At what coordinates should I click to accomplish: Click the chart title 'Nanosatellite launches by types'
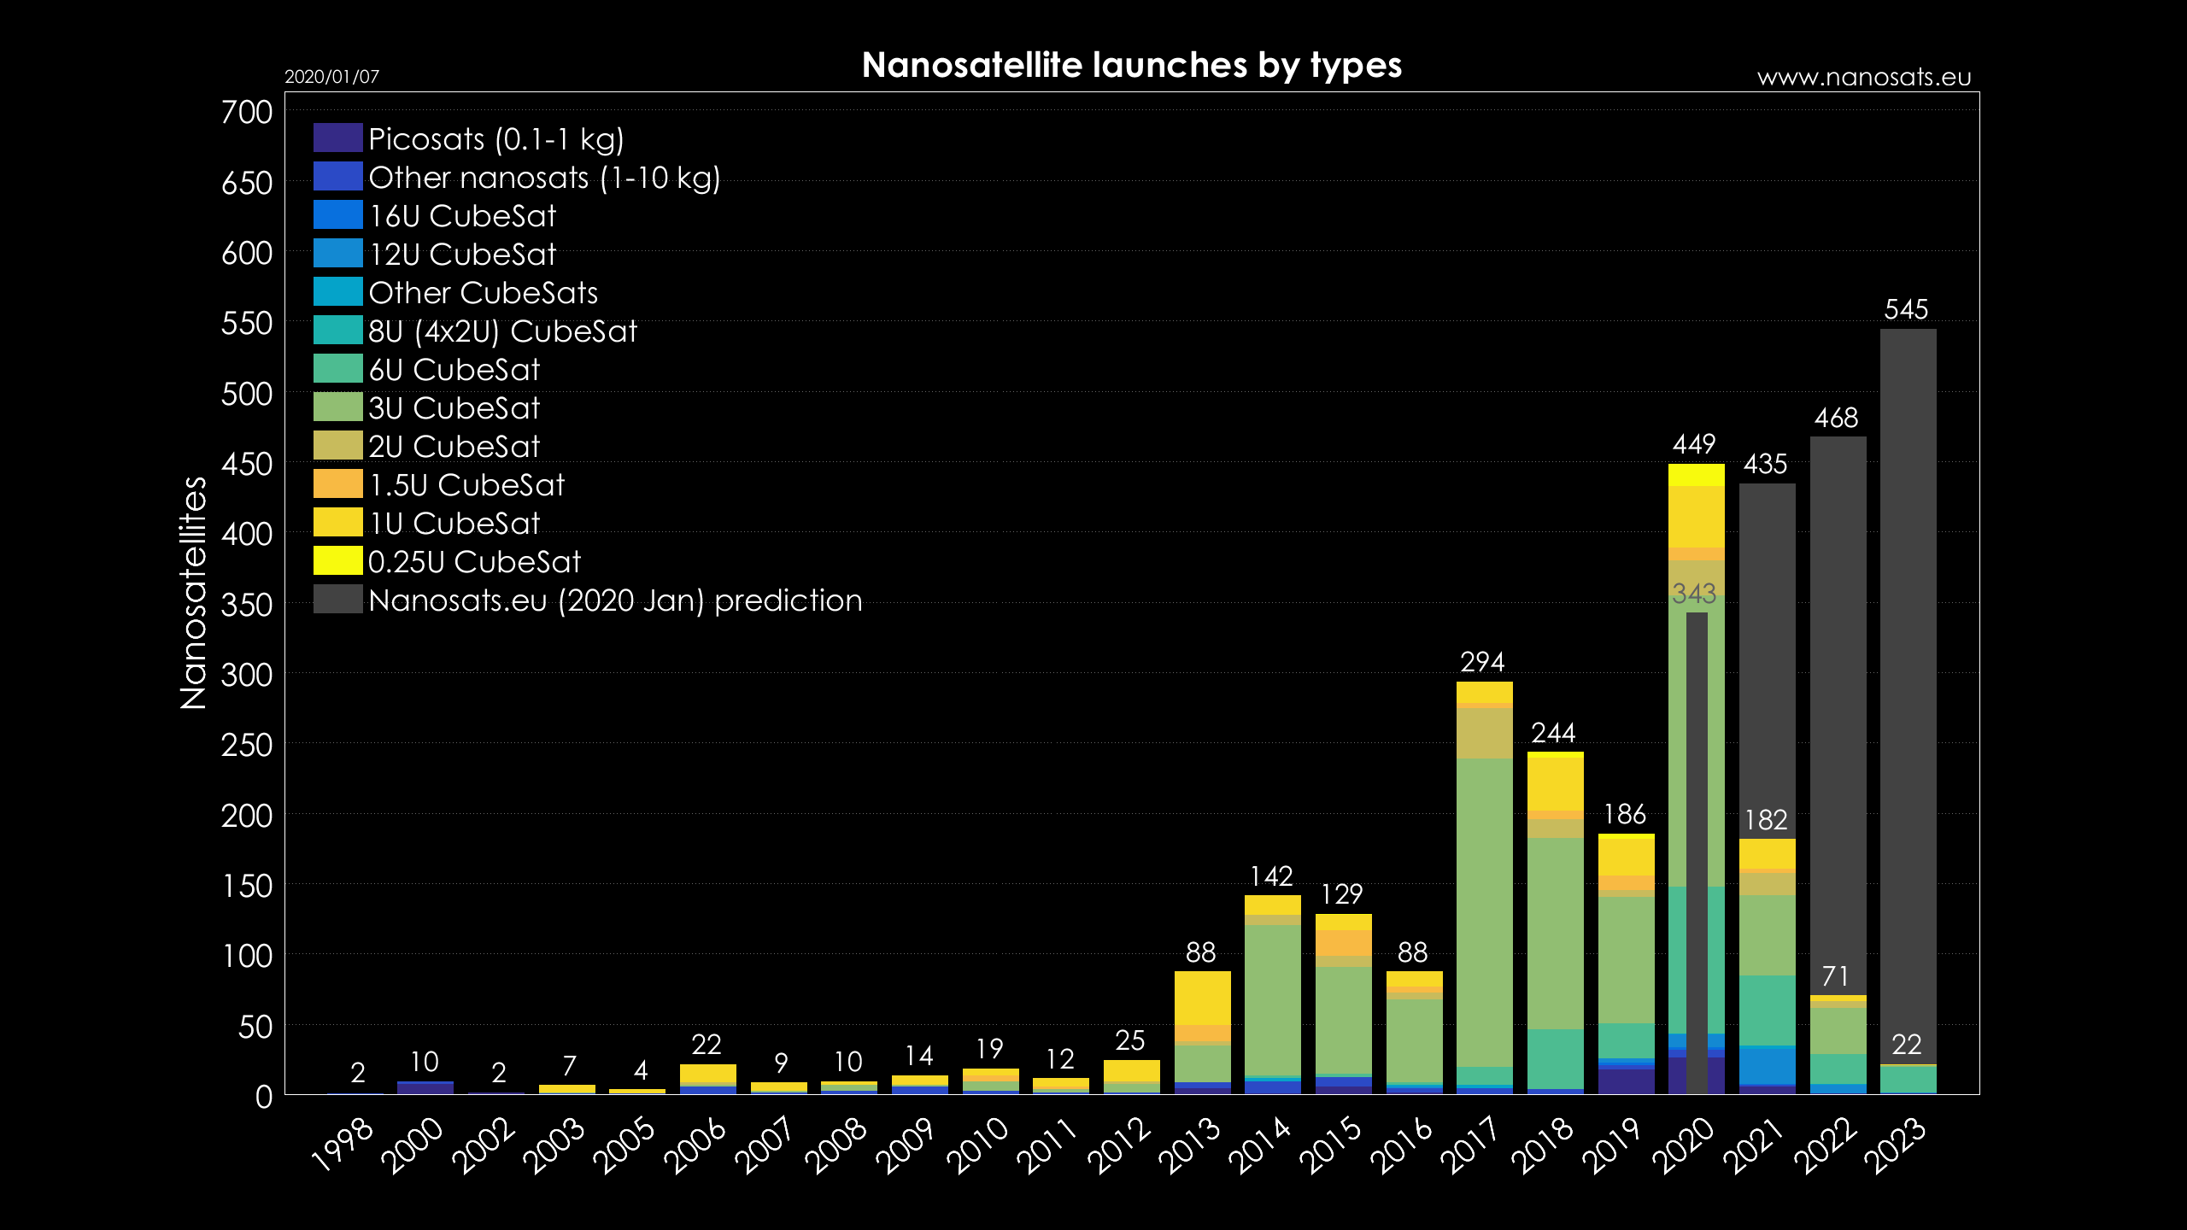tap(1131, 66)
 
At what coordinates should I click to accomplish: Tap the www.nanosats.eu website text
tap(1863, 78)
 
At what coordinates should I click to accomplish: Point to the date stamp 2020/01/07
tap(331, 77)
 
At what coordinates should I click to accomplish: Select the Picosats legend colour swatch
tap(337, 138)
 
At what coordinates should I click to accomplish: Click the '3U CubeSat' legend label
tap(454, 408)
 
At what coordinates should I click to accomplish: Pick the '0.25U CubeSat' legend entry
tap(474, 562)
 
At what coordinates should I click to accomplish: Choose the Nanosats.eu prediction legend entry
tap(615, 600)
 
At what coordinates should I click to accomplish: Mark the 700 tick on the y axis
tap(247, 112)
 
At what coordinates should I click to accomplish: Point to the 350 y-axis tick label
tap(247, 605)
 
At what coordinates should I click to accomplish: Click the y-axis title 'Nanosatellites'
tap(194, 593)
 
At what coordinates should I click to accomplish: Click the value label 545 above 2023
tap(1906, 309)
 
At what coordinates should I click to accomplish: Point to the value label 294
tap(1482, 662)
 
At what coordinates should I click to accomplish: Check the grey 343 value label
tap(1694, 594)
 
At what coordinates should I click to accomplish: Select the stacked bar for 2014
tap(1272, 999)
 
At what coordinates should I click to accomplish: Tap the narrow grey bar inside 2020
tap(1697, 854)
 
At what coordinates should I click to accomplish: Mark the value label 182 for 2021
tap(1766, 820)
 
